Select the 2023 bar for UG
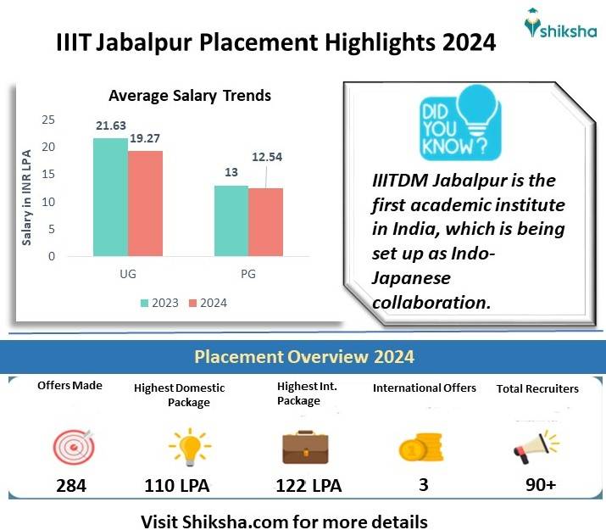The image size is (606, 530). pos(110,197)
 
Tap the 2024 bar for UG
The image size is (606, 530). pos(145,204)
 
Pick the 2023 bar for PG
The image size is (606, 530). pos(231,220)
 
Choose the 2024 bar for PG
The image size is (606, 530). pos(265,222)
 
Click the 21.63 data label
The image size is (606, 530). pos(111,126)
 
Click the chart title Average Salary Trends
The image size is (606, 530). pos(190,96)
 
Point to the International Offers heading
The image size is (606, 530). pos(425,388)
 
